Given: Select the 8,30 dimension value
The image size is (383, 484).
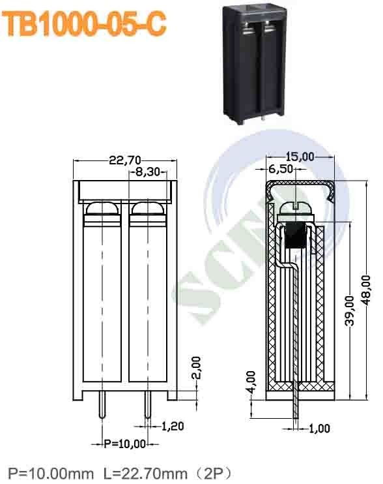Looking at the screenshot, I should point(149,173).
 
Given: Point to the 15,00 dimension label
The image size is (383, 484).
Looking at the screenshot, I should point(300,157).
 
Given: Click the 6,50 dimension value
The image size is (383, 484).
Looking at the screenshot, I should point(281,169).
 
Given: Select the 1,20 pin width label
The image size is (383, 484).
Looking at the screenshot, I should point(172,427).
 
